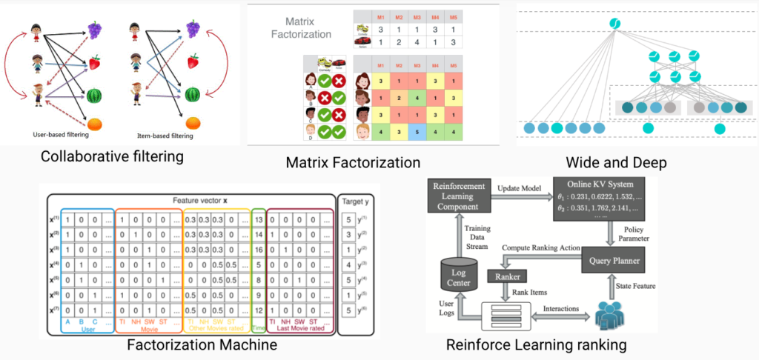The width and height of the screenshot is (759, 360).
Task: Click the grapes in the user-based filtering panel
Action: coord(95,30)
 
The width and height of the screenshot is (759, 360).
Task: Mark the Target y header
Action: coord(354,200)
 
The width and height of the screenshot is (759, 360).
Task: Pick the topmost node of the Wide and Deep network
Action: coord(614,25)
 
